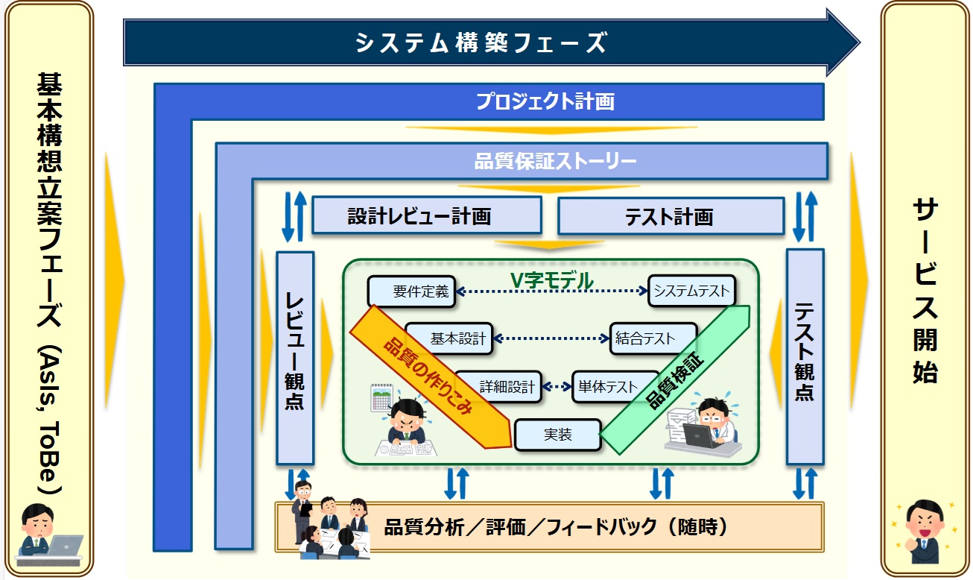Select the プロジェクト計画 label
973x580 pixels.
tap(545, 101)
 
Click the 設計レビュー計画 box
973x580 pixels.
tap(426, 216)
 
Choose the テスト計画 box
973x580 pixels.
tap(670, 216)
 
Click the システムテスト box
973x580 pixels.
tap(691, 291)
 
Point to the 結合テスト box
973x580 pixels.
tap(653, 338)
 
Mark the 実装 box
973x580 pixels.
tap(557, 435)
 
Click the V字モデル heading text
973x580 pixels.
tap(551, 280)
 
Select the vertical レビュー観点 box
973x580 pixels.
tap(295, 358)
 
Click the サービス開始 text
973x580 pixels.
tap(925, 291)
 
